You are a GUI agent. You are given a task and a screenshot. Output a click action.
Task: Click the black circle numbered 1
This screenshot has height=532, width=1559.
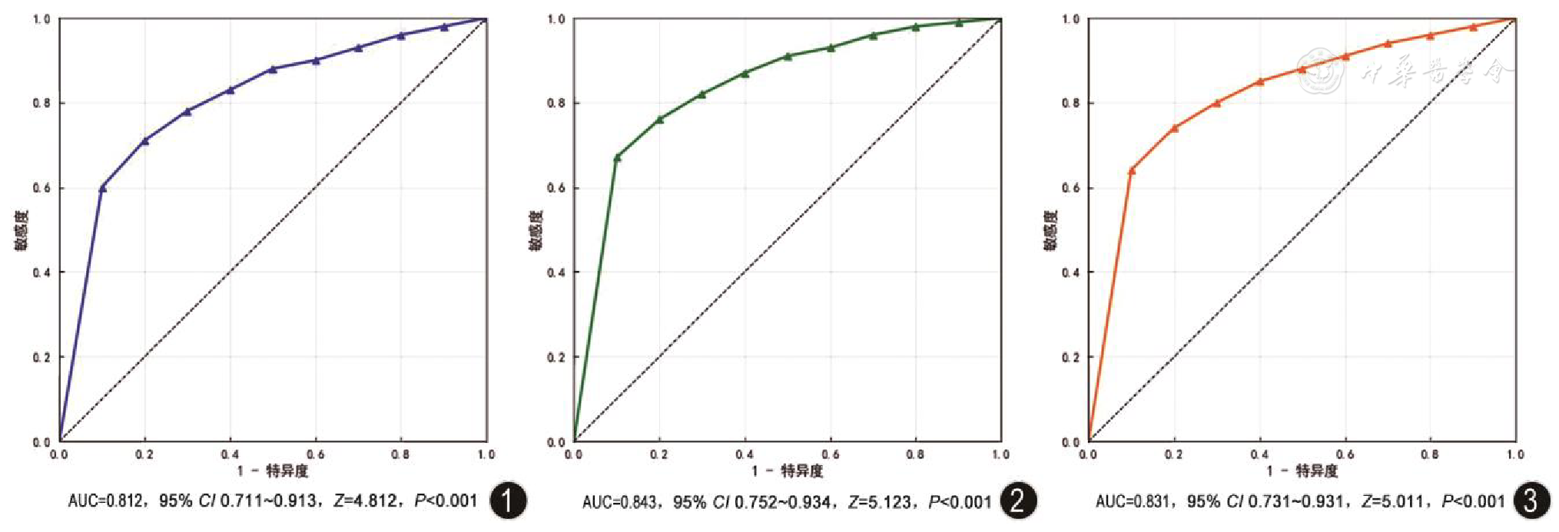(x=508, y=501)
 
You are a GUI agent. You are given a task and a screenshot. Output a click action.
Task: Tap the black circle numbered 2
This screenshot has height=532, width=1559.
(x=1017, y=501)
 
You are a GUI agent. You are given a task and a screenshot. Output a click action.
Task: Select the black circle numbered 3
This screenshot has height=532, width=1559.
(x=1531, y=501)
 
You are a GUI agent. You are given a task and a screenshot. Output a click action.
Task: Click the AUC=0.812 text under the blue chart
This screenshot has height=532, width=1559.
(x=104, y=501)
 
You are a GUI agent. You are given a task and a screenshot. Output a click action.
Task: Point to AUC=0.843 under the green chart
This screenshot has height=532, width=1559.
(x=619, y=502)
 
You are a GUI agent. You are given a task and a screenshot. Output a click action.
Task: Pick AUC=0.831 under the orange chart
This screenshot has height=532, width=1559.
(x=1132, y=502)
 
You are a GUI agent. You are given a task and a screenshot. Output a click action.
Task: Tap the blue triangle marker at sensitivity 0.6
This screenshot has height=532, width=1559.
(x=103, y=187)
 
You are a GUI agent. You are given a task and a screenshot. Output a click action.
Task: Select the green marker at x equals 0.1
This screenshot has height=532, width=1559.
(x=617, y=157)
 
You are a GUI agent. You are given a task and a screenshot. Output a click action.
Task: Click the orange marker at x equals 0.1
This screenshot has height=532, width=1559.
(x=1131, y=170)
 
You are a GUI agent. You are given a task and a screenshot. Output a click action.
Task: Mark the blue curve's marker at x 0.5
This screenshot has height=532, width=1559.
(x=273, y=69)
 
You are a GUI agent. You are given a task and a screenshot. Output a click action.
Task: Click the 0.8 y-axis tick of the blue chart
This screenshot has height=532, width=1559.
(x=41, y=103)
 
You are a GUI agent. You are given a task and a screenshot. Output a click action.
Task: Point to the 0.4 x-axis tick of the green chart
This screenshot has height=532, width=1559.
(x=745, y=454)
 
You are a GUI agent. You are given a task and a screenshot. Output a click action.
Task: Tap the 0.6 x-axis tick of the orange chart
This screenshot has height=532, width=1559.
(x=1345, y=454)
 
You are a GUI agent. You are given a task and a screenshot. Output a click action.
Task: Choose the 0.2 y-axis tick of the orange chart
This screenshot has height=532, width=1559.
(x=1071, y=357)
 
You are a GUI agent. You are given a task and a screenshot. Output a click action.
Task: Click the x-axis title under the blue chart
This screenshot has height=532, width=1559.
(x=273, y=471)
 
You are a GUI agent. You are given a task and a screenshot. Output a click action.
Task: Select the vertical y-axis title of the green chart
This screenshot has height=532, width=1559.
(x=536, y=230)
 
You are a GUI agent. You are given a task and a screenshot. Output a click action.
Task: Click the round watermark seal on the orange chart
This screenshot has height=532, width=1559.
(x=1320, y=72)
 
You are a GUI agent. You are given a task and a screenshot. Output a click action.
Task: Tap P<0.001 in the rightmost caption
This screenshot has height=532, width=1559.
(x=1473, y=502)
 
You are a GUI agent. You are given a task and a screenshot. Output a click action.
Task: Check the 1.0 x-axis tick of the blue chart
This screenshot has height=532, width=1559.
(x=486, y=454)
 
